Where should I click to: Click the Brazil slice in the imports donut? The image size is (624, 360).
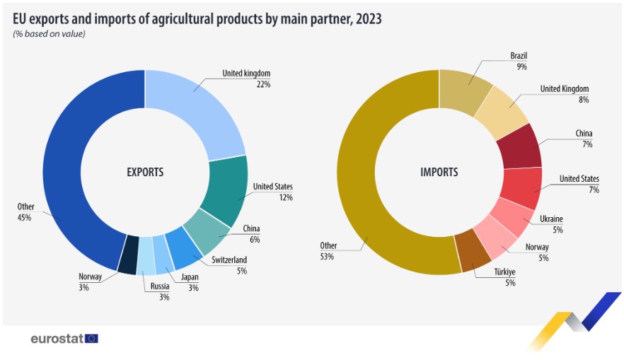pos(464,93)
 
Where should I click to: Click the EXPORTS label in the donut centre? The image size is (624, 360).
pos(145,172)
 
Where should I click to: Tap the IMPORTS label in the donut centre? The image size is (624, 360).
pos(439,172)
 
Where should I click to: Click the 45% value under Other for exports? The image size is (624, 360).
pos(25,218)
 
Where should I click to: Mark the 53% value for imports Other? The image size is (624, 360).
pos(328,257)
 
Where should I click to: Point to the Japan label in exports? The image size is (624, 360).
pos(190,277)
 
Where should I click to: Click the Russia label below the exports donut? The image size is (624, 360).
pos(159,286)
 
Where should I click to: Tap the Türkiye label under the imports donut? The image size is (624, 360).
pos(504,272)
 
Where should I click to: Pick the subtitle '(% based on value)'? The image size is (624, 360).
pos(49,34)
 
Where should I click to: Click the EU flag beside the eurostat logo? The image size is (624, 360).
pos(91,338)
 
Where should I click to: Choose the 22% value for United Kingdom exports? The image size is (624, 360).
pos(263,83)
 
